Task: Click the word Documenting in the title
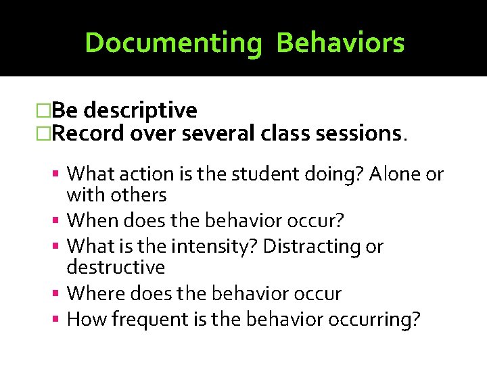(x=173, y=43)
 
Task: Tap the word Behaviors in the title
(x=340, y=43)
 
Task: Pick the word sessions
(x=361, y=133)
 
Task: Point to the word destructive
(x=116, y=268)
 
